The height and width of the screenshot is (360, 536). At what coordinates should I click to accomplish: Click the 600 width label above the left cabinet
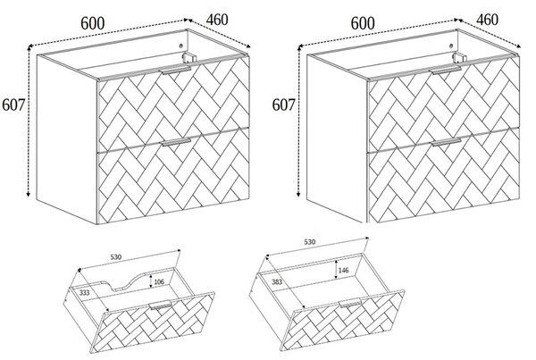[x=93, y=23]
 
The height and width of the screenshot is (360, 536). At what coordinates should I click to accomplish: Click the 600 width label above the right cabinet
[x=363, y=23]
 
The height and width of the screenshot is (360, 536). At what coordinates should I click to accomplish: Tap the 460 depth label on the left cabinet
[x=217, y=20]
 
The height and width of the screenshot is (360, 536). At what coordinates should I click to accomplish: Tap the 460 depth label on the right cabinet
[x=488, y=20]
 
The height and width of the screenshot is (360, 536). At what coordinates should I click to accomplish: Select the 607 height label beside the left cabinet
[x=13, y=105]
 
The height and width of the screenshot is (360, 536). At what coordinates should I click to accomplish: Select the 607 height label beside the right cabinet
[x=283, y=105]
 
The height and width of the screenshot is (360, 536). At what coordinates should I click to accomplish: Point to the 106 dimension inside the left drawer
[x=159, y=281]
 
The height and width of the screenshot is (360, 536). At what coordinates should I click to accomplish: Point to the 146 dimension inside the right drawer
[x=344, y=270]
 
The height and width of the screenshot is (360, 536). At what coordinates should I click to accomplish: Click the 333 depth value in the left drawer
[x=85, y=292]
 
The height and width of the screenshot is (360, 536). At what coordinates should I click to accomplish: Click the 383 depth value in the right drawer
[x=277, y=282]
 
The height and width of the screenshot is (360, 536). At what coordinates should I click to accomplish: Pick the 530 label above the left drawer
[x=115, y=256]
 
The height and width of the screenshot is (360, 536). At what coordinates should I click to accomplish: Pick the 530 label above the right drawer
[x=309, y=242]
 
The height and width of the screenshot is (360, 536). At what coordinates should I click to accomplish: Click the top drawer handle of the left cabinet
[x=176, y=71]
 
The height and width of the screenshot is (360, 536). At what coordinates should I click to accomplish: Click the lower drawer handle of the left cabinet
[x=176, y=142]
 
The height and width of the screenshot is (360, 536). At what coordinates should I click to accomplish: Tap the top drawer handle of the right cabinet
[x=446, y=71]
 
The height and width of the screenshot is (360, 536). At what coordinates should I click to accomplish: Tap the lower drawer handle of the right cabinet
[x=446, y=142]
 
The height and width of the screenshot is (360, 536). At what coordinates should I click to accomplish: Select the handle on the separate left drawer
[x=160, y=305]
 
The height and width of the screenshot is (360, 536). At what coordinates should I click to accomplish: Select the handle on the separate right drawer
[x=350, y=303]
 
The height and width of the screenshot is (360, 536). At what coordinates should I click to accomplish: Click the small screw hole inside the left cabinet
[x=181, y=46]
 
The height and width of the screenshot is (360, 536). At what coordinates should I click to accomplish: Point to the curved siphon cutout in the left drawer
[x=130, y=281]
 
